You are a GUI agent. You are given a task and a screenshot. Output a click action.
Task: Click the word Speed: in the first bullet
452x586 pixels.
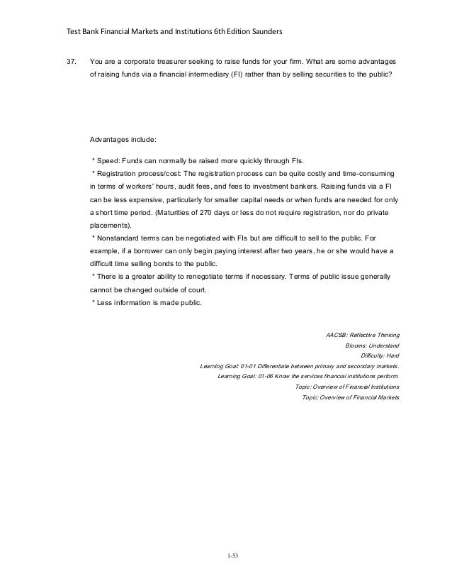pyautogui.click(x=111, y=160)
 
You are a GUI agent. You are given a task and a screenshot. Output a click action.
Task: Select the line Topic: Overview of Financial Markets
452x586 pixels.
pyautogui.click(x=350, y=397)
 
